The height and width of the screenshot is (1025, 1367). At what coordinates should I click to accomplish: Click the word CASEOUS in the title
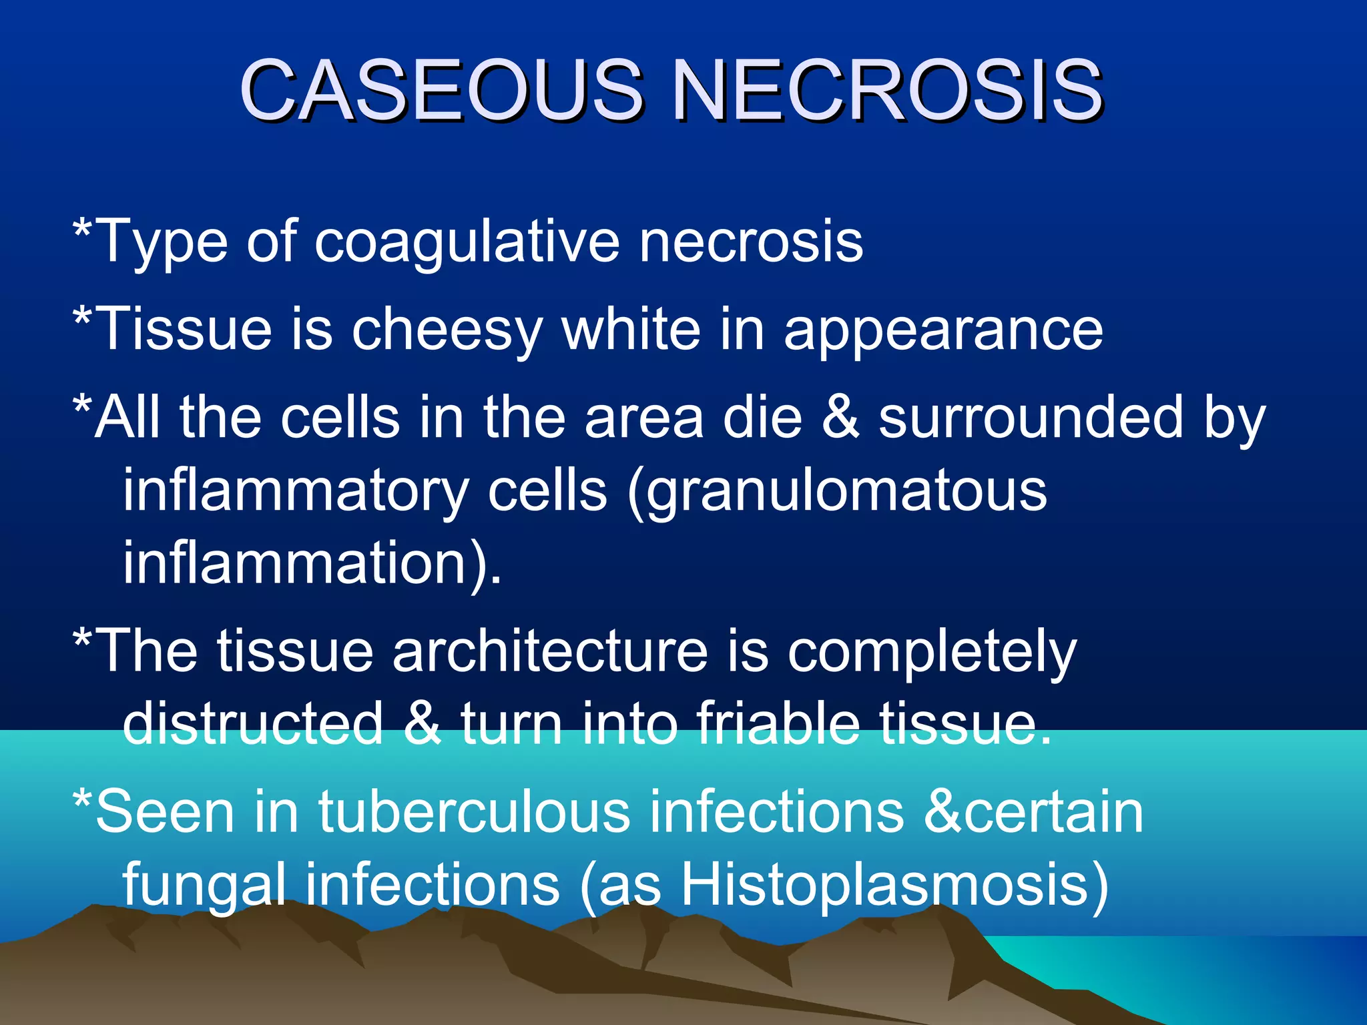(x=441, y=91)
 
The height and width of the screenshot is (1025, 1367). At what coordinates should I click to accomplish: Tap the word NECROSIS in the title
(x=887, y=91)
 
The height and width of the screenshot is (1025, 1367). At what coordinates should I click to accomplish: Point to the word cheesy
(x=446, y=330)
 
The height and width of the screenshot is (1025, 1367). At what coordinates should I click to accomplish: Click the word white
(x=631, y=328)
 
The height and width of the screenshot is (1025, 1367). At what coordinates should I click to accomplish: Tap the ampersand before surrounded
(x=840, y=418)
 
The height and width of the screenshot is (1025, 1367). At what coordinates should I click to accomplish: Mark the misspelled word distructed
(x=253, y=723)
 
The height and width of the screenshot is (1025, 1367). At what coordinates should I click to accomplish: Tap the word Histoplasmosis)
(x=894, y=885)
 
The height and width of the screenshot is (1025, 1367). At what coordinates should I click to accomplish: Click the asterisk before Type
(x=82, y=230)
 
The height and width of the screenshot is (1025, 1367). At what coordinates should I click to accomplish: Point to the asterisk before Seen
(x=82, y=801)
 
